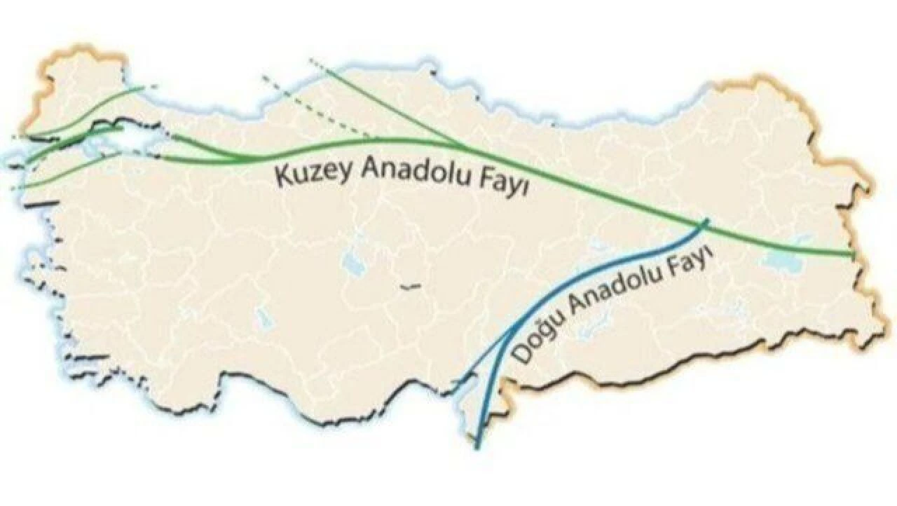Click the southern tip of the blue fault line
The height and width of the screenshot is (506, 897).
tap(477, 446)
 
